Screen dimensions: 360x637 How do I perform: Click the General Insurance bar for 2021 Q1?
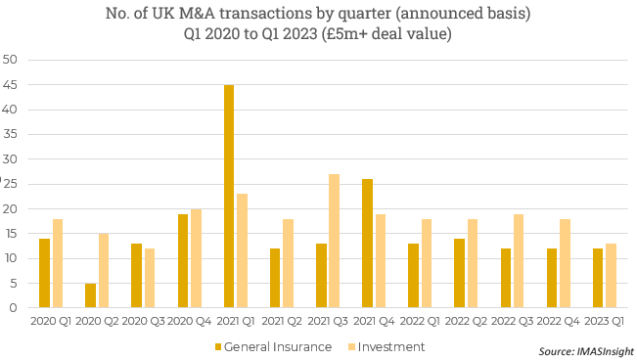coord(229,197)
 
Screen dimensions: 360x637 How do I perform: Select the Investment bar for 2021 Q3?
coord(335,241)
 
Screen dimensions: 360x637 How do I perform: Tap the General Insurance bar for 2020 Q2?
coord(90,295)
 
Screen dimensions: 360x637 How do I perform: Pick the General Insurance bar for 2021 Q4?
coord(367,244)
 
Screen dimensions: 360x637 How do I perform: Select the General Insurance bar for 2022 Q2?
coord(459,273)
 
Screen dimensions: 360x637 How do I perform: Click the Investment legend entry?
coord(391,346)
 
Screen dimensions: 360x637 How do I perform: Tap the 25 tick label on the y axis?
coord(12,184)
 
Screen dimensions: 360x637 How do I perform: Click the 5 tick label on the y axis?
coord(16,284)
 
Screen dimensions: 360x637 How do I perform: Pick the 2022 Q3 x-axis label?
coord(513,321)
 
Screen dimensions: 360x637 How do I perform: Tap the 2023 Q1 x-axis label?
coord(605,321)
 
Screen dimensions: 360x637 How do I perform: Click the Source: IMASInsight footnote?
coord(585,350)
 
